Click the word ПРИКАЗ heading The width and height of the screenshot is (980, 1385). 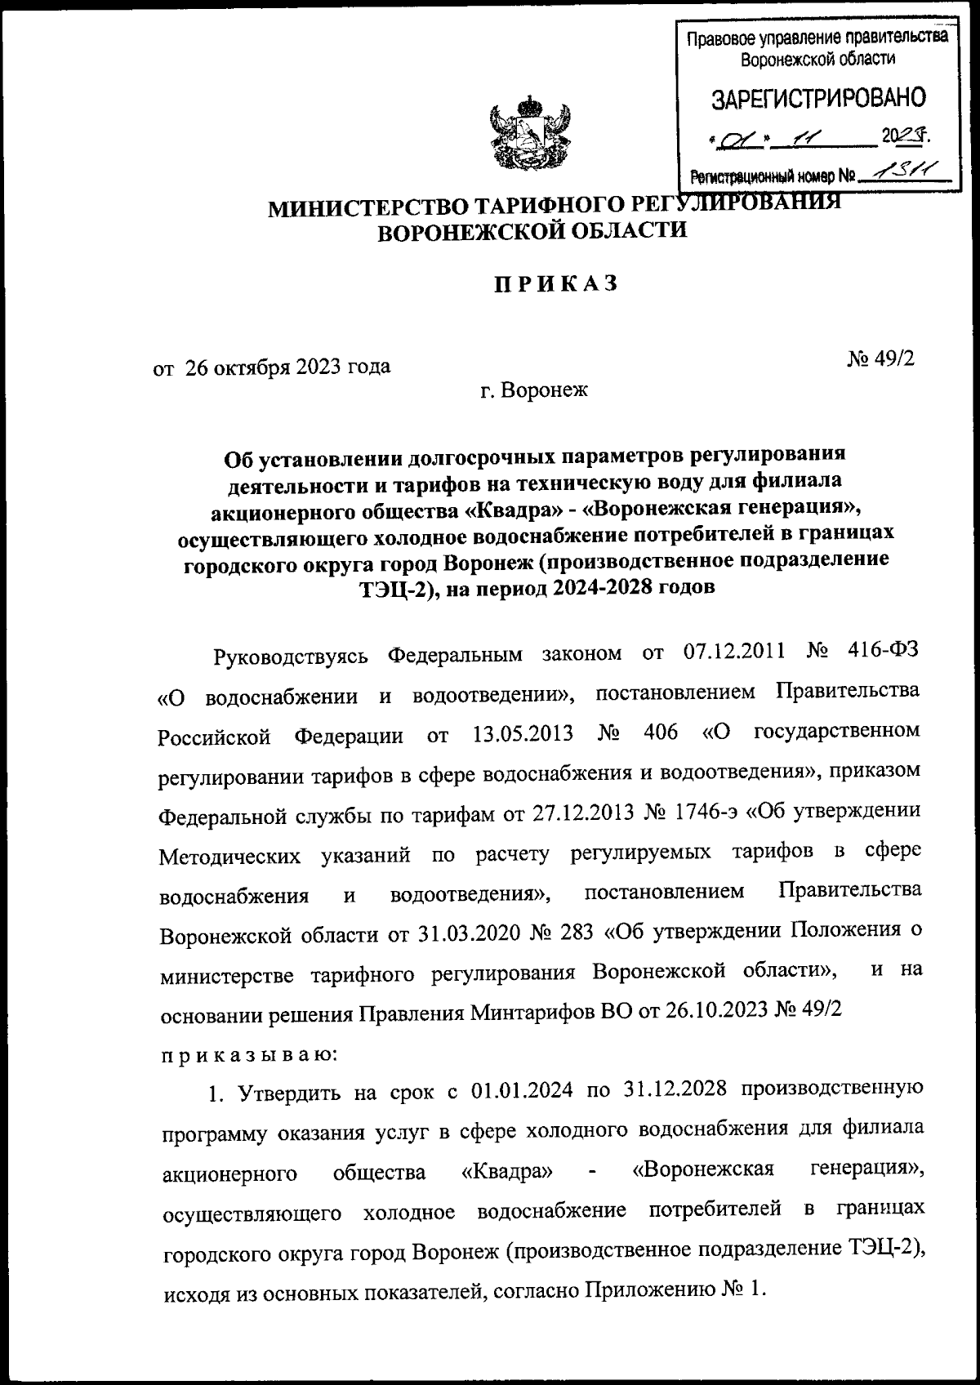pos(556,283)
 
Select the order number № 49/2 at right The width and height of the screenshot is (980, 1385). pos(881,359)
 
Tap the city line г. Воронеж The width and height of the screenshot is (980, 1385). pos(533,391)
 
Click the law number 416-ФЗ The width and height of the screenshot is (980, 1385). pos(883,653)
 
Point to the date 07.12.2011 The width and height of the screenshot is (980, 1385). pos(731,653)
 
